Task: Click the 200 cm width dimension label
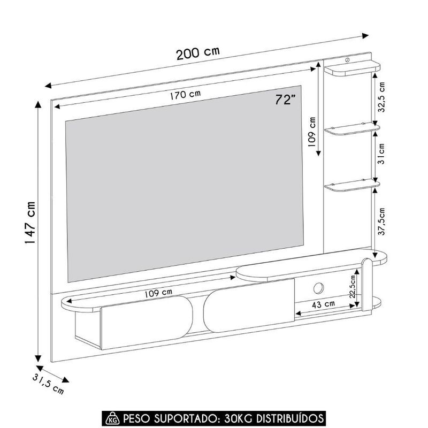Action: [198, 53]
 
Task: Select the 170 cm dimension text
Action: [186, 95]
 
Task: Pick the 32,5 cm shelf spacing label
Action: [381, 97]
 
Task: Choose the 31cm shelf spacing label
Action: [381, 153]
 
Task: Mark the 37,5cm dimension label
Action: [381, 221]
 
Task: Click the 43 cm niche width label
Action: [324, 303]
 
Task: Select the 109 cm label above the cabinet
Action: [158, 293]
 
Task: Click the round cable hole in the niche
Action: [317, 288]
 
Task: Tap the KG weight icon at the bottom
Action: [113, 417]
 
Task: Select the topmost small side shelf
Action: [353, 68]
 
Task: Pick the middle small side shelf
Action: [353, 129]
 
